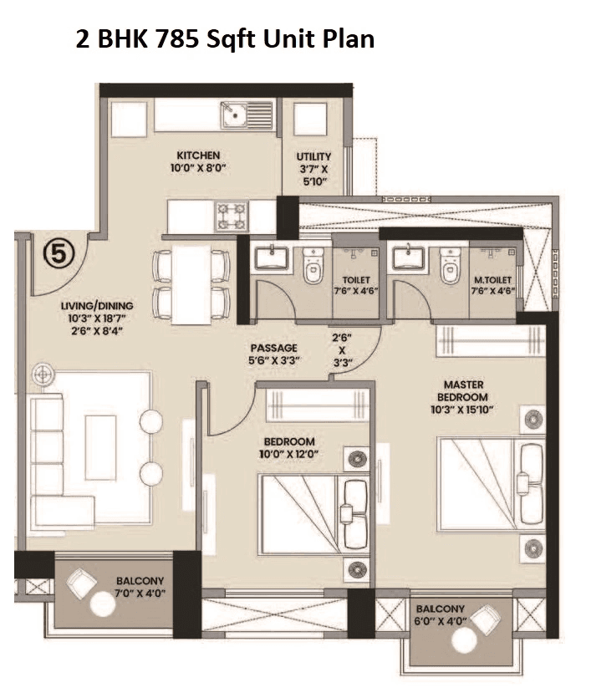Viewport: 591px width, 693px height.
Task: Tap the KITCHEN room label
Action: (198, 155)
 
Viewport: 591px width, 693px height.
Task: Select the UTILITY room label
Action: (313, 156)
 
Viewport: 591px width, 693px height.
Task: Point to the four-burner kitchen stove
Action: (232, 217)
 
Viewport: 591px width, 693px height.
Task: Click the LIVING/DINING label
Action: (97, 306)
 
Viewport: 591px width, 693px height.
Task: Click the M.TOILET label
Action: (492, 279)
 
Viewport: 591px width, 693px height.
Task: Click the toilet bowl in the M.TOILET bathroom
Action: (451, 266)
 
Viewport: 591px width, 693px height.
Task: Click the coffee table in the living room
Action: (100, 447)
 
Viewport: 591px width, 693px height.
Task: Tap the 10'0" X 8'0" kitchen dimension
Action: (198, 168)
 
